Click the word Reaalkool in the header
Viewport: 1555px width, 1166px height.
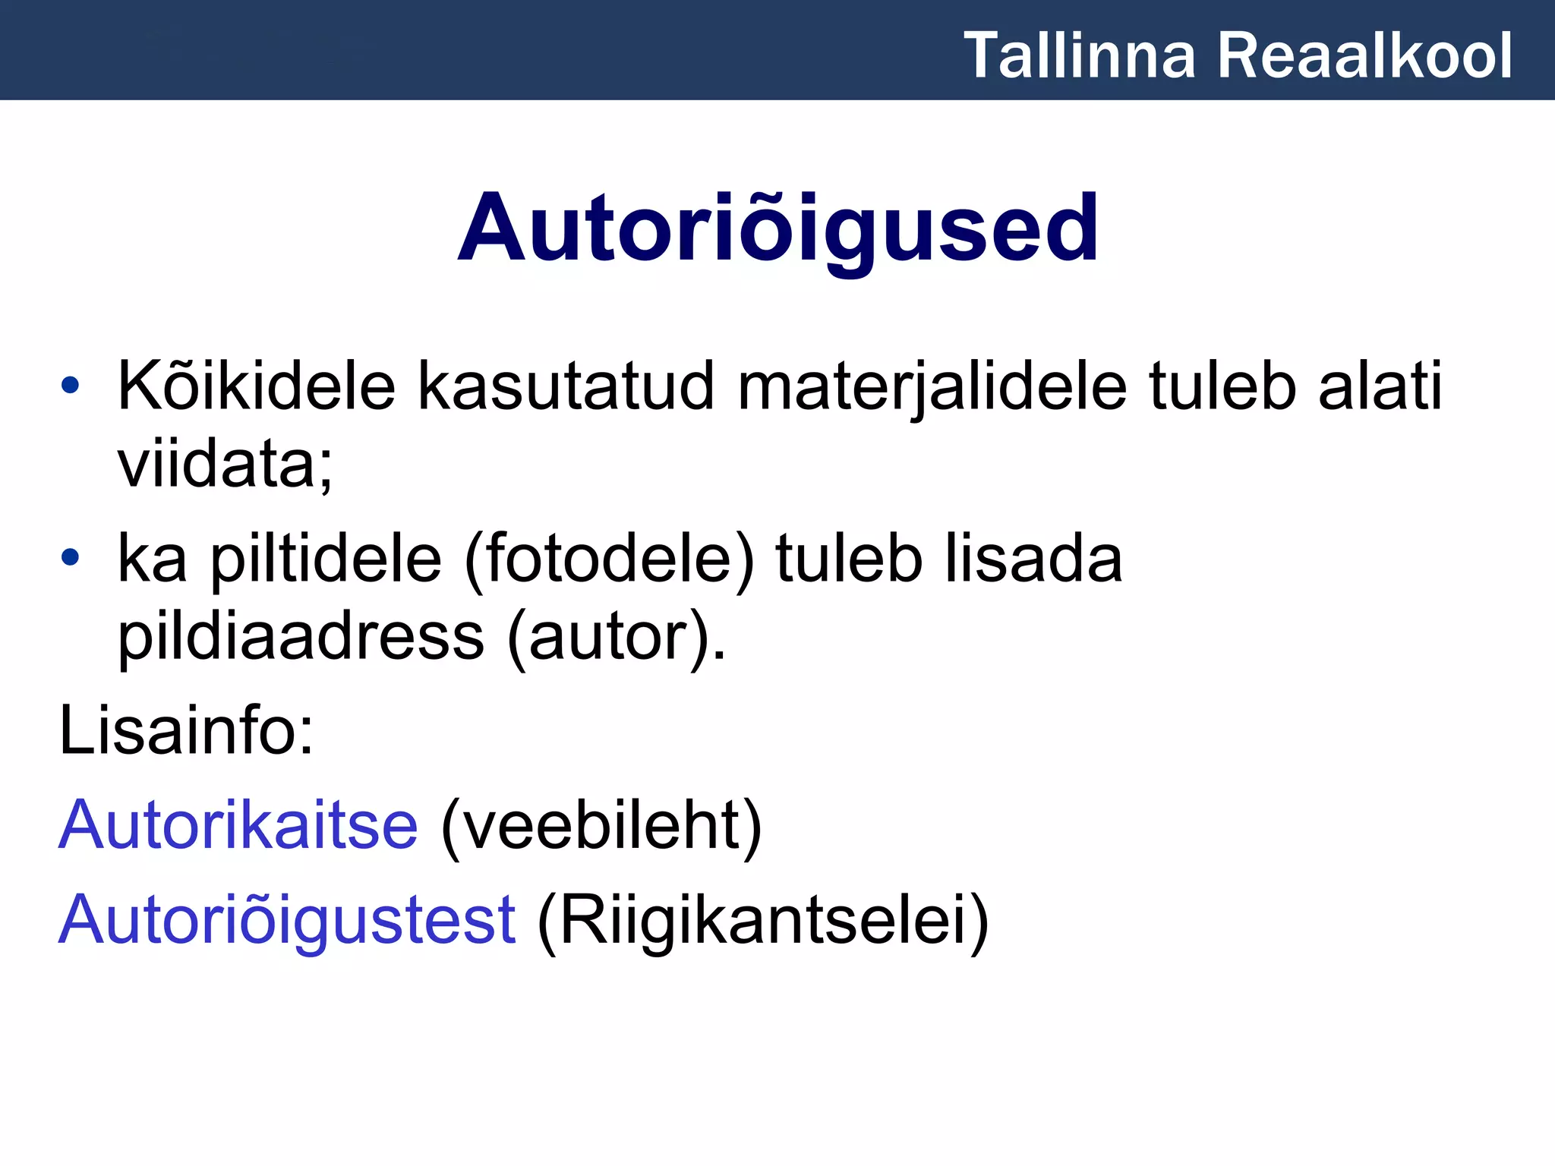tap(1365, 55)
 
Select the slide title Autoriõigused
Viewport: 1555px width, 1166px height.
tap(777, 228)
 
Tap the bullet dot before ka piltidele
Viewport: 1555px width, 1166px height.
tap(70, 558)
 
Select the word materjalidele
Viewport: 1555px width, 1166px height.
tap(932, 387)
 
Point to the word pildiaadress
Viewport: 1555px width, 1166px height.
tap(301, 637)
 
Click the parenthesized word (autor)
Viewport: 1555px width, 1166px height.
tap(615, 637)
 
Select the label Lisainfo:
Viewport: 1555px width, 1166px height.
tap(186, 730)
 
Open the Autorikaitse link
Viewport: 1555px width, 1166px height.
tap(238, 824)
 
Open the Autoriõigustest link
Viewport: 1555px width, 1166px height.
tap(288, 920)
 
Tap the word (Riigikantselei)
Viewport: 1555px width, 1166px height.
tap(763, 920)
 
